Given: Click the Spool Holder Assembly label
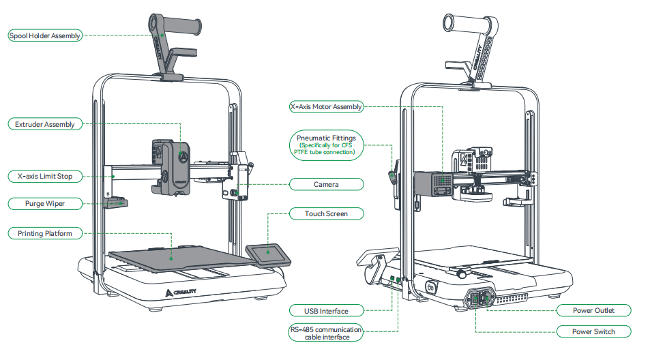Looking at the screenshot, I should (45, 35).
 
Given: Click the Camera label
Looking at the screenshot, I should (326, 184).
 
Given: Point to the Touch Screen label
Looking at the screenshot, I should (326, 213).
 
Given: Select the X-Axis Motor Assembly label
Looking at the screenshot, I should (326, 107).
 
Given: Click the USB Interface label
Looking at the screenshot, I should (326, 311).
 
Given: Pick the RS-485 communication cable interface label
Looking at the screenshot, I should (326, 332).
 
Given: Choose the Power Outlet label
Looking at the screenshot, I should (593, 310).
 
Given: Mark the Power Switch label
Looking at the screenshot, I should (593, 331).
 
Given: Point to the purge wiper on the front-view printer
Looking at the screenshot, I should (117, 201).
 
